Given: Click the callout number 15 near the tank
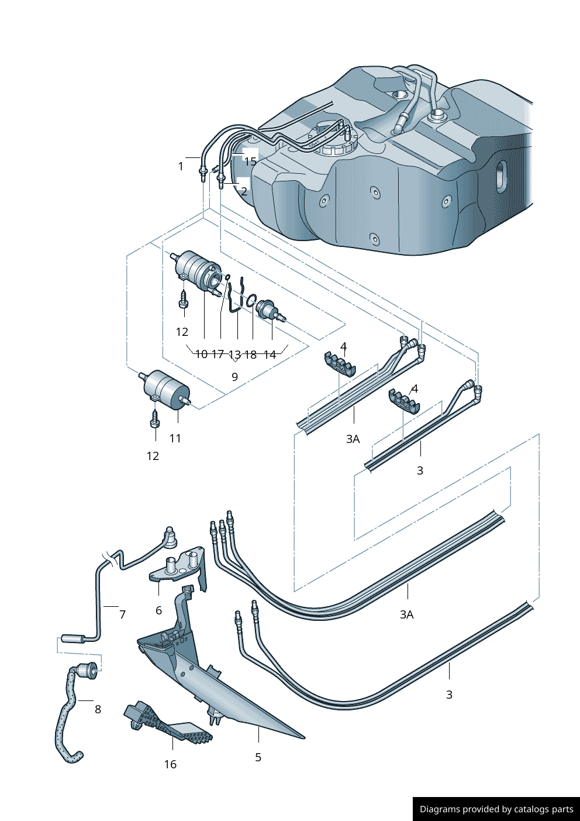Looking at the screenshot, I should pyautogui.click(x=250, y=162).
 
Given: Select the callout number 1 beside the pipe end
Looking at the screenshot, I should pyautogui.click(x=181, y=167).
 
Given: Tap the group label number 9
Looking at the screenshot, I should pyautogui.click(x=234, y=377).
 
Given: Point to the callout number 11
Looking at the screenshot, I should pyautogui.click(x=175, y=438).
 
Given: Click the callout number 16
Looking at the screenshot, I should pyautogui.click(x=170, y=764).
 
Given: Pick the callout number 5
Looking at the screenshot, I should pyautogui.click(x=258, y=757).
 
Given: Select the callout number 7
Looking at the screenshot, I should pyautogui.click(x=122, y=614).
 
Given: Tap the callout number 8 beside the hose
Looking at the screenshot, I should pyautogui.click(x=98, y=709).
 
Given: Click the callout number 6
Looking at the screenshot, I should pyautogui.click(x=158, y=610).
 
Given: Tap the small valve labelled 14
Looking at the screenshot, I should pyautogui.click(x=268, y=308).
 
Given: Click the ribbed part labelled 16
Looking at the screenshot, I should pyautogui.click(x=167, y=724).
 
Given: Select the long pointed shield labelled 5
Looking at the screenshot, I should pyautogui.click(x=222, y=685).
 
